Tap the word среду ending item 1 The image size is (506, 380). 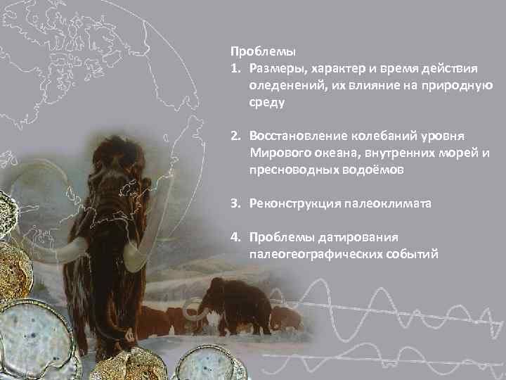coord(265,102)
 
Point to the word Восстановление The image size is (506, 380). coord(295,135)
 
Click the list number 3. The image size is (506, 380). coord(235,203)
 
